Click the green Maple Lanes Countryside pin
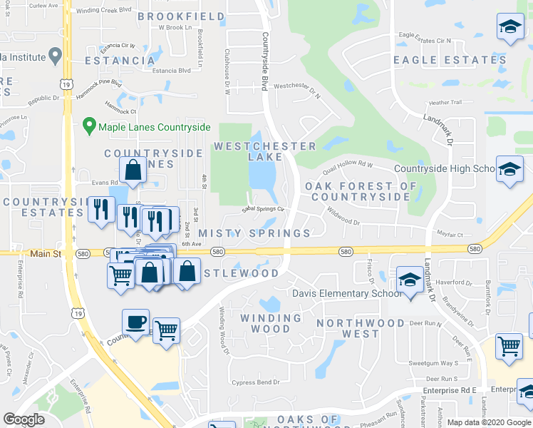coord(89,126)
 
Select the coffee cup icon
coord(135,322)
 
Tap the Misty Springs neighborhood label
coord(254,233)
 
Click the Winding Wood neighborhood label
coord(270,323)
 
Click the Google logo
coord(24,419)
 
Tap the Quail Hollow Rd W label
coord(348,165)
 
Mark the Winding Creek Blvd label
coord(105,11)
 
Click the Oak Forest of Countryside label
coord(361,191)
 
